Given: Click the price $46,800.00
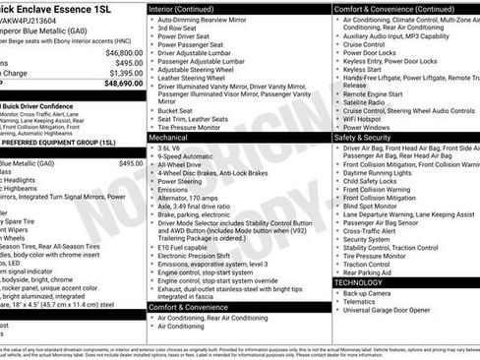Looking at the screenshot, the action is (x=124, y=52).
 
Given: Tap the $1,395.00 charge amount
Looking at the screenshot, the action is (x=125, y=73).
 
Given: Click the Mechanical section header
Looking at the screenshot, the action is (x=169, y=138).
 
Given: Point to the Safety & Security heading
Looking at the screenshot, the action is (x=365, y=138).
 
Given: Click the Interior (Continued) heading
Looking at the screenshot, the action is (x=190, y=8).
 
